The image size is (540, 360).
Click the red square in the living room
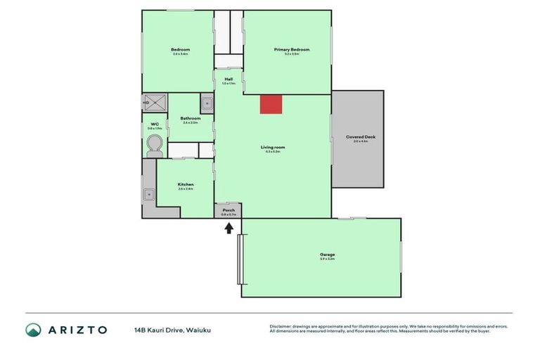[271, 104]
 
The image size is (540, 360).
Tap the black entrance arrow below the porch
[229, 229]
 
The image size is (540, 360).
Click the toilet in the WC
[155, 145]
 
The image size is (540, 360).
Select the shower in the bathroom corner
[155, 103]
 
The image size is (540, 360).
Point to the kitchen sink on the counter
[149, 194]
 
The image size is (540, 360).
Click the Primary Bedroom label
[291, 50]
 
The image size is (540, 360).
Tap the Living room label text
[273, 147]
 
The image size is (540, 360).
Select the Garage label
[327, 255]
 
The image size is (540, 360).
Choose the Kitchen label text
[186, 184]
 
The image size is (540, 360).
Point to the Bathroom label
[191, 118]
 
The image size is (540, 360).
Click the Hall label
[229, 79]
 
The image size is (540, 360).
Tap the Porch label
[229, 210]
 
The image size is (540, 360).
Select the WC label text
[155, 124]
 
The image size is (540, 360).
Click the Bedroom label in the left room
[180, 50]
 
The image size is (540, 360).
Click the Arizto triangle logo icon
[33, 330]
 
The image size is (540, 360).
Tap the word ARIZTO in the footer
[77, 330]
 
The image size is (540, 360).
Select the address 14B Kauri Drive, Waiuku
[173, 330]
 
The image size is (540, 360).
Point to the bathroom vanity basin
[207, 103]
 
